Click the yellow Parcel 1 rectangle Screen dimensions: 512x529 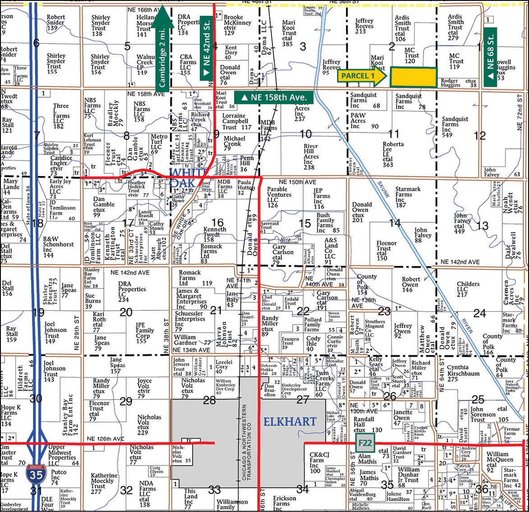[413, 77]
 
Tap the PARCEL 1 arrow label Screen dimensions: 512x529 [361, 76]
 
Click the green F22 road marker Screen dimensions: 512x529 [364, 443]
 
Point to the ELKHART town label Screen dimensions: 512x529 [290, 422]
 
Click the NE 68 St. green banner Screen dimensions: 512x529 [491, 54]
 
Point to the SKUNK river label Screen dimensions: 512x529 [383, 189]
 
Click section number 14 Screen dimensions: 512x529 [395, 223]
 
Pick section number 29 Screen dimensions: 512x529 [126, 401]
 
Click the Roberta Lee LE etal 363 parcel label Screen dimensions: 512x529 [394, 154]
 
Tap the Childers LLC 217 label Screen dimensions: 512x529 [468, 289]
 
